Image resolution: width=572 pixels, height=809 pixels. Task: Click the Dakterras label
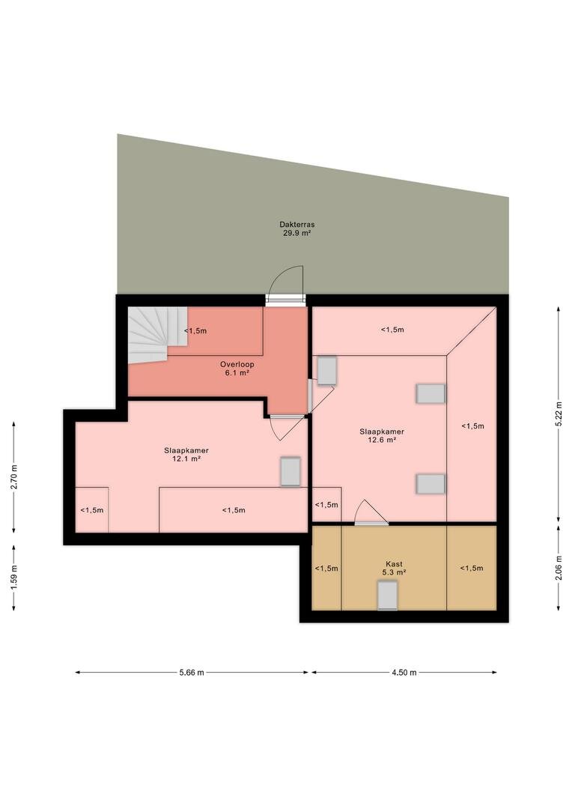[x=297, y=225]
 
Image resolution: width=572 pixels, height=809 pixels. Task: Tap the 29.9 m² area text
[x=297, y=233]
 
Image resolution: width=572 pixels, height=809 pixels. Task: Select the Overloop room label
[x=237, y=364]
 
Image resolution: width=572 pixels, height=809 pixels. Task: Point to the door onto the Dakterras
[x=285, y=286]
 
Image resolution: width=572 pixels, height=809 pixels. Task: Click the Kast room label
[x=394, y=564]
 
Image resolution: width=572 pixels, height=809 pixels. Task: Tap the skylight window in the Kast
[x=387, y=595]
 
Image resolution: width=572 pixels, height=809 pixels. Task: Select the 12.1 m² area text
[x=186, y=458]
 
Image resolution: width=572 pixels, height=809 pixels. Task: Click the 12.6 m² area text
[x=382, y=440]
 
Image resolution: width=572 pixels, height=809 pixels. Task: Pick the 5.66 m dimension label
[x=192, y=672]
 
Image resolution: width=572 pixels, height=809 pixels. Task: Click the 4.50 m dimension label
[x=404, y=672]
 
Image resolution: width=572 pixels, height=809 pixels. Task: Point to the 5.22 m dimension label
[x=558, y=413]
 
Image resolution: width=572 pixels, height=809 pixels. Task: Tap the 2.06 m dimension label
[x=558, y=568]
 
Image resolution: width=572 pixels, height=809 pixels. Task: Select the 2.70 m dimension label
[x=14, y=476]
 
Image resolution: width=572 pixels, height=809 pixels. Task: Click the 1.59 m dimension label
[x=14, y=578]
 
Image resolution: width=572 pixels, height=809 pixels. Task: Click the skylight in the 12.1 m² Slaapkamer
[x=290, y=471]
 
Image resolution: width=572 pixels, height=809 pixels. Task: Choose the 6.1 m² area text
[x=237, y=372]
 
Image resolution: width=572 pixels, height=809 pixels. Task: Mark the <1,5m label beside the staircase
[x=195, y=331]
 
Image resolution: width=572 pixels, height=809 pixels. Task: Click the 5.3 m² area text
[x=394, y=572]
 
